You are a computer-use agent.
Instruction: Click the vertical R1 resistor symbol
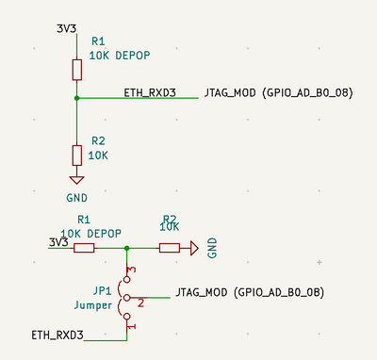(x=76, y=69)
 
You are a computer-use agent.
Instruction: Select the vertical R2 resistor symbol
(x=76, y=155)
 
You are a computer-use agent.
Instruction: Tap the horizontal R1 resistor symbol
(x=84, y=248)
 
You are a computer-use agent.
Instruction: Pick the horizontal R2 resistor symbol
(x=170, y=248)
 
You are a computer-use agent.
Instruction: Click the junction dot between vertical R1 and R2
(x=76, y=97)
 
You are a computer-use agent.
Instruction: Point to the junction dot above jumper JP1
(x=127, y=248)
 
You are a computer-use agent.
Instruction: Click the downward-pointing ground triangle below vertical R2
(x=76, y=181)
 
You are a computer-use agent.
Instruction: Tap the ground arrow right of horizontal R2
(x=193, y=248)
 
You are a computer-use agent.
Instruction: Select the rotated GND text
(x=213, y=248)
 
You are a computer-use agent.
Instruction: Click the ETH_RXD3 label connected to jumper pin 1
(x=57, y=335)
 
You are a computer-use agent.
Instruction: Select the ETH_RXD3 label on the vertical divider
(x=150, y=92)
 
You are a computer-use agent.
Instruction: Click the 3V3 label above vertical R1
(x=66, y=28)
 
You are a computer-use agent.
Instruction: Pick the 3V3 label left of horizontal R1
(x=58, y=242)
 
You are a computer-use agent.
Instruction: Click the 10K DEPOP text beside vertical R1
(x=119, y=56)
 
